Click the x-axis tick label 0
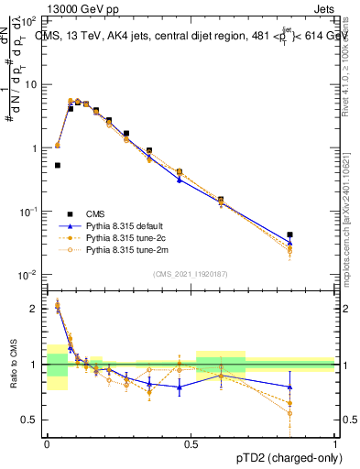(47, 443)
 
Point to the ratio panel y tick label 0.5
(31, 420)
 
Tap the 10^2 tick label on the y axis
(28, 20)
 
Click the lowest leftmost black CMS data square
(58, 166)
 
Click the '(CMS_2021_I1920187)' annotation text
(191, 273)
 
